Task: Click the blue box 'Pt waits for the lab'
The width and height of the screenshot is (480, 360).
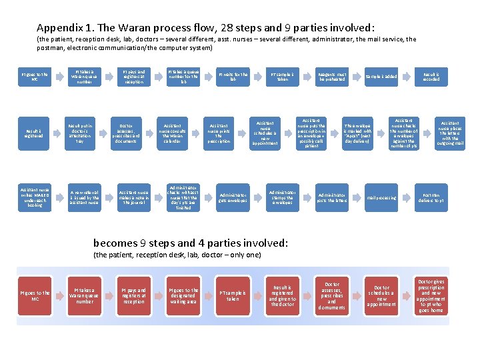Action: (x=233, y=77)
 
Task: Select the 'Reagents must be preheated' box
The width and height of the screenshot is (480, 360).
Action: (x=333, y=77)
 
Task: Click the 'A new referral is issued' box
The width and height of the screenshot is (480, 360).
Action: (x=85, y=197)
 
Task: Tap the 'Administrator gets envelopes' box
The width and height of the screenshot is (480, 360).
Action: (x=233, y=197)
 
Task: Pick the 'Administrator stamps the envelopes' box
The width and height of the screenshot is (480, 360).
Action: (x=281, y=197)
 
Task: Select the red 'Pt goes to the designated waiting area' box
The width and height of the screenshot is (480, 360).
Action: (x=183, y=295)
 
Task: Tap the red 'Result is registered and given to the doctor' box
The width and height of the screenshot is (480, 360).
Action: (x=282, y=295)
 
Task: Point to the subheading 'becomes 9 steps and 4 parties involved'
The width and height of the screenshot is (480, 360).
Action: (x=191, y=243)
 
